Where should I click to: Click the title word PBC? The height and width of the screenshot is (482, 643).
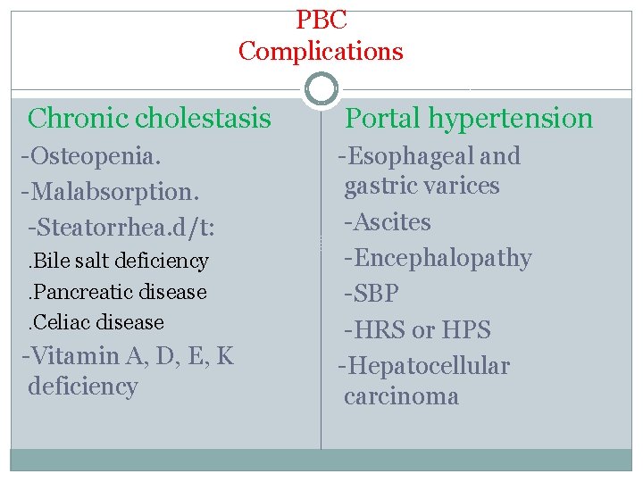[x=321, y=18]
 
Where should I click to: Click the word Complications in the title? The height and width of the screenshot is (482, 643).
[x=321, y=51]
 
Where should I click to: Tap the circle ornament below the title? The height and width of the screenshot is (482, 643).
[x=321, y=89]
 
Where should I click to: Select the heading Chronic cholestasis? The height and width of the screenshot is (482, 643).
[x=149, y=118]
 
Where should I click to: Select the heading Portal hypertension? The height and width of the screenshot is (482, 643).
[x=469, y=118]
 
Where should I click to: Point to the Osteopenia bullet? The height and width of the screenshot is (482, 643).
[x=92, y=156]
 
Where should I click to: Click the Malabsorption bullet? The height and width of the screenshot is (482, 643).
[x=110, y=191]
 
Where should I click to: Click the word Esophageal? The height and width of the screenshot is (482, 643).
[x=410, y=157]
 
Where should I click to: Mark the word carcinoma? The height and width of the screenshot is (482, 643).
[x=401, y=397]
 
